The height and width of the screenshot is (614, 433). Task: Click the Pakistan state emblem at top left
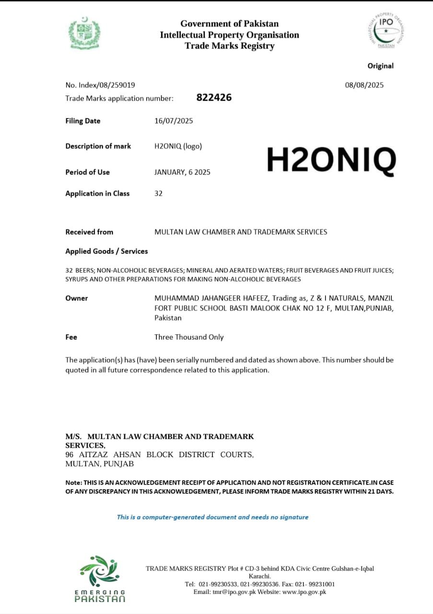tap(84, 33)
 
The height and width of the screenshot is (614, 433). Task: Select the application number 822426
tap(214, 97)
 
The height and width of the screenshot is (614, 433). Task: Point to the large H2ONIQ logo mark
tap(331, 160)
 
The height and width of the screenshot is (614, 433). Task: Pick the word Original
tap(380, 66)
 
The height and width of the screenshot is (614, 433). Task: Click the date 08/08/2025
tap(364, 85)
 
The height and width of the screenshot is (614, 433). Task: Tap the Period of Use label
tap(87, 172)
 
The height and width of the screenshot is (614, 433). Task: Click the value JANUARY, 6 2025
tap(182, 172)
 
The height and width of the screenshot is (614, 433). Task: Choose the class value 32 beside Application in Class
tap(158, 193)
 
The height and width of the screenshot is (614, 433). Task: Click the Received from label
tap(89, 232)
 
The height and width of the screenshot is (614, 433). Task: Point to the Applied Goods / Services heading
tap(106, 251)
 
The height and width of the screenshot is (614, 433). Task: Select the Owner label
tap(77, 298)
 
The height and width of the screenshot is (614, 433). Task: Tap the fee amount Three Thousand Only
tap(189, 337)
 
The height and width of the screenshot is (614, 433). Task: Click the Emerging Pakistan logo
tap(100, 579)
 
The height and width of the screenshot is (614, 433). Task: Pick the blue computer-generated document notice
tap(212, 517)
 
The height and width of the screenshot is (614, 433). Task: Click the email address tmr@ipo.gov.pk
tap(232, 592)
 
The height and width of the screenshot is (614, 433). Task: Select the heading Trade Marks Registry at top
tap(229, 46)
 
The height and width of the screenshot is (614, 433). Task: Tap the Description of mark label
tap(98, 146)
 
